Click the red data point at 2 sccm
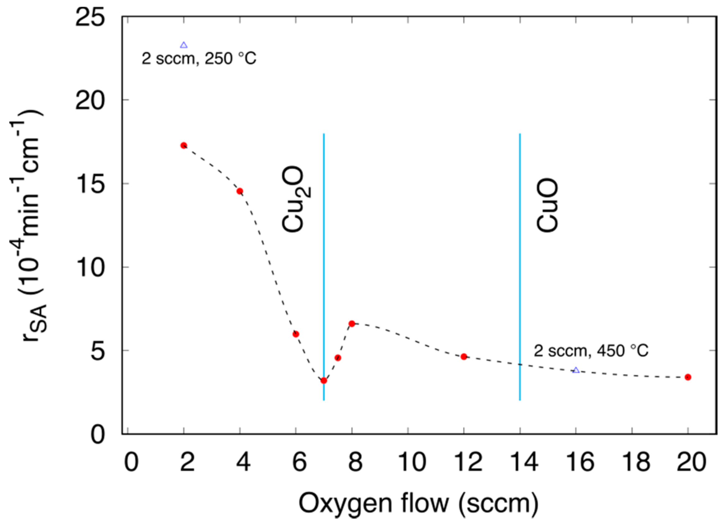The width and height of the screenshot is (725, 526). coord(183,145)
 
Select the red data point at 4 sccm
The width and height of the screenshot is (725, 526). coord(240,191)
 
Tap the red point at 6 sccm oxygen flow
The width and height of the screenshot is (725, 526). coord(296,334)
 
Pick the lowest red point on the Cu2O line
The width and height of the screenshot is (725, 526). coord(324,381)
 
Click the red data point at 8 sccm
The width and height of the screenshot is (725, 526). coord(352,324)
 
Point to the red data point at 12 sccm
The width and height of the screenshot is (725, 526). coord(464,357)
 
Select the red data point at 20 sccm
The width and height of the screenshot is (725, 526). coord(688,377)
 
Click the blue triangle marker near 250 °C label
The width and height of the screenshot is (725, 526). coord(183,45)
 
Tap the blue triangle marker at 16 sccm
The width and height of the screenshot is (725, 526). coord(576,370)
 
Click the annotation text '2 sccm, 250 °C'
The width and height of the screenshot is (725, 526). coord(199,59)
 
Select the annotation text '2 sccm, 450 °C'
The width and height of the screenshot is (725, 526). coord(591,351)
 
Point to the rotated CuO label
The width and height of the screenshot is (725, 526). coord(547,205)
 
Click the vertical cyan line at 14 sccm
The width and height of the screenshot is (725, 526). coord(520,256)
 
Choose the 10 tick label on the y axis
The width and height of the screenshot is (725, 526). coord(90,267)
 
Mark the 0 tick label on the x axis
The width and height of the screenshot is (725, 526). coord(131,462)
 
